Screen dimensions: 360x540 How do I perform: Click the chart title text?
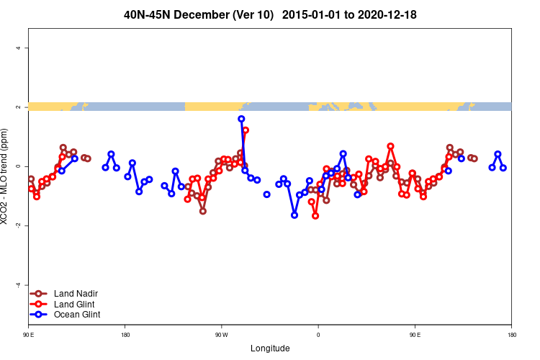270,14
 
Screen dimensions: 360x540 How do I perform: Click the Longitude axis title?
270,348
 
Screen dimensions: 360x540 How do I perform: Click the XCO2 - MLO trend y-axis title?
6,177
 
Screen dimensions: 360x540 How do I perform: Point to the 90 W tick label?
221,335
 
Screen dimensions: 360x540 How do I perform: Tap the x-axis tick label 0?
318,335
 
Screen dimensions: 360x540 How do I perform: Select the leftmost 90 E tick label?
29,335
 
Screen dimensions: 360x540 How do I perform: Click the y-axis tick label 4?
18,48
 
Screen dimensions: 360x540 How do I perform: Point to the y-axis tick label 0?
18,166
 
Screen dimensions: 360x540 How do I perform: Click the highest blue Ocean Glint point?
241,119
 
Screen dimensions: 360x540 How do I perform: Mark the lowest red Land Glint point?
315,215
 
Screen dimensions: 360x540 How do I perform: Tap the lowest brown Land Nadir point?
203,211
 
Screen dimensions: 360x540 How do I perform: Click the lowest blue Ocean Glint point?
294,215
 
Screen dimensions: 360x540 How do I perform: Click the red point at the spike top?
246,130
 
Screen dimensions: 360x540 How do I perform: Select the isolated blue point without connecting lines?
266,194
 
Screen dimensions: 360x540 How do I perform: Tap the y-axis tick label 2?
18,107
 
